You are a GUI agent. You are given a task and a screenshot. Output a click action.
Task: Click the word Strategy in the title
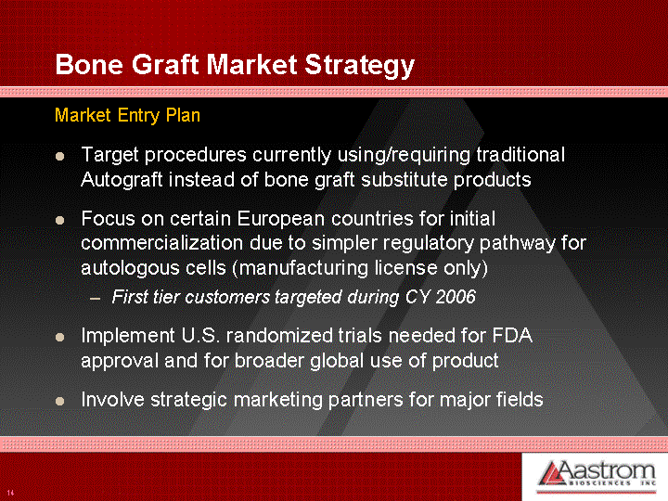[360, 66]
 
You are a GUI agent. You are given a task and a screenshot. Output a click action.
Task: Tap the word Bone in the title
[89, 65]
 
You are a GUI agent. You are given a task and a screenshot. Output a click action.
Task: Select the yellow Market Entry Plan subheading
[127, 115]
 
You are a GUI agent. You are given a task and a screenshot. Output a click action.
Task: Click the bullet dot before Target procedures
[59, 157]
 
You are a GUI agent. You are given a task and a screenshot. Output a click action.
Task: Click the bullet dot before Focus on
[59, 220]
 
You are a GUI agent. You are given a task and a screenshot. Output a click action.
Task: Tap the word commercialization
[161, 243]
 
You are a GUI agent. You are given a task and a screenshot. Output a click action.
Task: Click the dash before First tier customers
[96, 299]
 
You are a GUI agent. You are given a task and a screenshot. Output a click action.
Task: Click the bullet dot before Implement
[59, 338]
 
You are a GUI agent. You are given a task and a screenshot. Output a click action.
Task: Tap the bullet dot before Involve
[59, 402]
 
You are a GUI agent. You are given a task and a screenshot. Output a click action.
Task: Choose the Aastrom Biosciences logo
[597, 475]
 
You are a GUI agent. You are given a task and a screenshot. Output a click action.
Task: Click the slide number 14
[10, 493]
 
